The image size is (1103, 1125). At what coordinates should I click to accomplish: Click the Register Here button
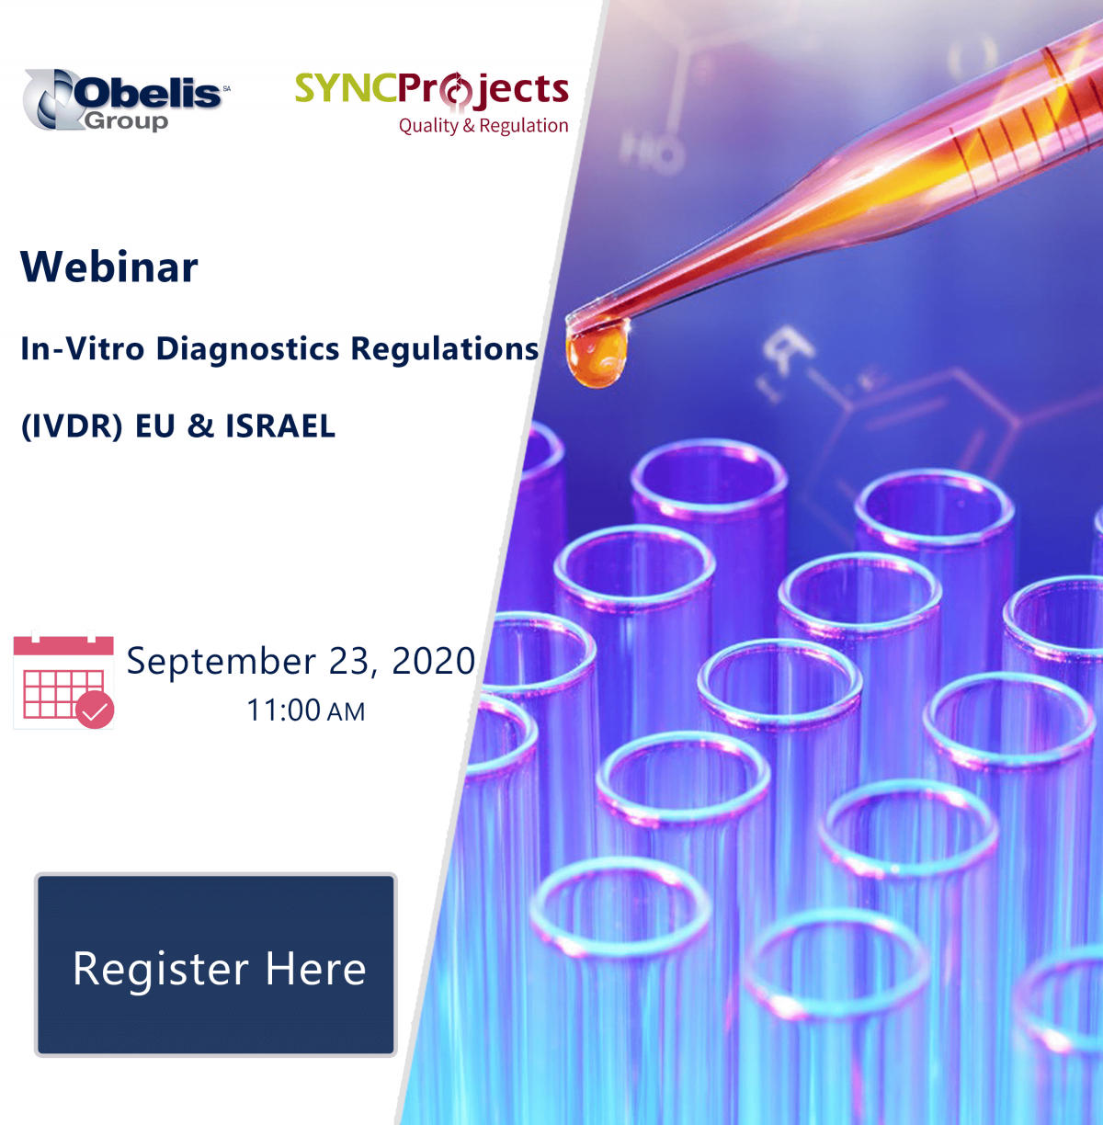tap(215, 964)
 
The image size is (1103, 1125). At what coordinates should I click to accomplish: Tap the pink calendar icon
tap(63, 680)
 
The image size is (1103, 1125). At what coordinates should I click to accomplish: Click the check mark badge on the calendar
tap(95, 710)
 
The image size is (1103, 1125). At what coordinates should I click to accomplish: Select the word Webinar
tap(109, 267)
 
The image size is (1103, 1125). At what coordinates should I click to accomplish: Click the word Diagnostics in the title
tap(247, 348)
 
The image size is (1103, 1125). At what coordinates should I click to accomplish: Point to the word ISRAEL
tap(280, 426)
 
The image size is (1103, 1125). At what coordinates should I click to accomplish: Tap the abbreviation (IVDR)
tap(72, 426)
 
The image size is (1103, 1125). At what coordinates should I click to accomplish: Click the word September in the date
tap(222, 662)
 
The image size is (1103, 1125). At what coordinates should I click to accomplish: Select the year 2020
tap(433, 661)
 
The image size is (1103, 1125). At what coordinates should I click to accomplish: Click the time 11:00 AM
tap(305, 710)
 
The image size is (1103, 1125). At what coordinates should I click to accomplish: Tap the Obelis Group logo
tap(126, 100)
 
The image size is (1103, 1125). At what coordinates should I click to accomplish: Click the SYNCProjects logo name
tap(431, 90)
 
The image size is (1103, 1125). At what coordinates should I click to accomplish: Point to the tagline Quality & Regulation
tap(483, 126)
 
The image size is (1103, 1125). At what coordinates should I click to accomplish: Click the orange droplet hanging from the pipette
tap(596, 355)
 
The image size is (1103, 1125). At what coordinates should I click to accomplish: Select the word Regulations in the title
tap(444, 349)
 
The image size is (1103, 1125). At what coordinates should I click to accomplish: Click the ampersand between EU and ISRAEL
tap(201, 426)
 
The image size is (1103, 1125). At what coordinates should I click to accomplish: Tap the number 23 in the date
tap(349, 662)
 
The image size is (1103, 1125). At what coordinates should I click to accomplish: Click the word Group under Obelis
tap(126, 120)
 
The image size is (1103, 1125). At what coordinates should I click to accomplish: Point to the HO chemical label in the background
tap(650, 152)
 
